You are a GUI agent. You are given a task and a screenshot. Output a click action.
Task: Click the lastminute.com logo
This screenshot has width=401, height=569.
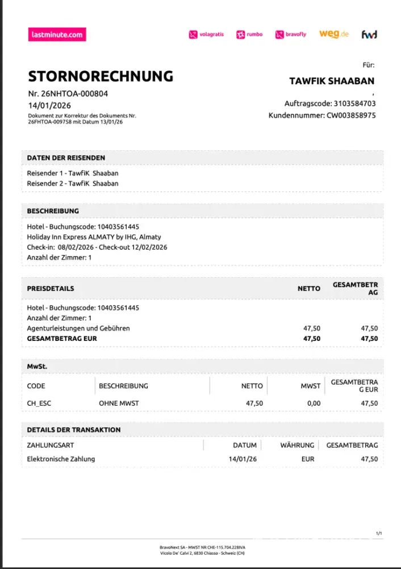point(57,34)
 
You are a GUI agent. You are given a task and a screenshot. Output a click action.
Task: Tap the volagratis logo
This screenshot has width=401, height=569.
point(207,34)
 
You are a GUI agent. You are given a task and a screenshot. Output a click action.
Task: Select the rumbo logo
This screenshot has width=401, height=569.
point(250,34)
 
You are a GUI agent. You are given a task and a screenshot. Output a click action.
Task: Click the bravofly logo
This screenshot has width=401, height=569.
point(291,34)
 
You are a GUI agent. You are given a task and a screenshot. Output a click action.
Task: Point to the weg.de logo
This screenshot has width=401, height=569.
point(333,34)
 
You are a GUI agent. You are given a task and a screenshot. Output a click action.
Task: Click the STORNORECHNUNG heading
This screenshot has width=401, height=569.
point(101,76)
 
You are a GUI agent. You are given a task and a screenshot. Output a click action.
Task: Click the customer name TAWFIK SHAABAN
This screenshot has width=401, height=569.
point(332,81)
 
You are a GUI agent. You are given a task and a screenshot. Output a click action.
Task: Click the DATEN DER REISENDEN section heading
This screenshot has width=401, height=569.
point(66,158)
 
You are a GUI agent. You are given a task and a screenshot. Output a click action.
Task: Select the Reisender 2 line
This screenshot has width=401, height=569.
point(73,183)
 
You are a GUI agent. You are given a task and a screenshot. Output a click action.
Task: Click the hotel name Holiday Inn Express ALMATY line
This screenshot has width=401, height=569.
point(94,237)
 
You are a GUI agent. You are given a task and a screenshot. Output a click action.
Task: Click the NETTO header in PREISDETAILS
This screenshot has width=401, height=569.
point(309,288)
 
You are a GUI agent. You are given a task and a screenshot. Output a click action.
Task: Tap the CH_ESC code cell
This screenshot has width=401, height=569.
point(39,403)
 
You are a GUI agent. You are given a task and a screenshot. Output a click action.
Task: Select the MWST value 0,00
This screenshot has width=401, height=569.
point(313,403)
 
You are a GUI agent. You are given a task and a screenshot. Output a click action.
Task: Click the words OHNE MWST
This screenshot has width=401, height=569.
point(119,403)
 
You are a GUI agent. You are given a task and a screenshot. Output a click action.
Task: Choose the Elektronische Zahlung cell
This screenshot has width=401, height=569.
point(61,459)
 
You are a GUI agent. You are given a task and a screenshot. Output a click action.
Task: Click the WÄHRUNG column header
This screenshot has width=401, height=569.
point(297,445)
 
